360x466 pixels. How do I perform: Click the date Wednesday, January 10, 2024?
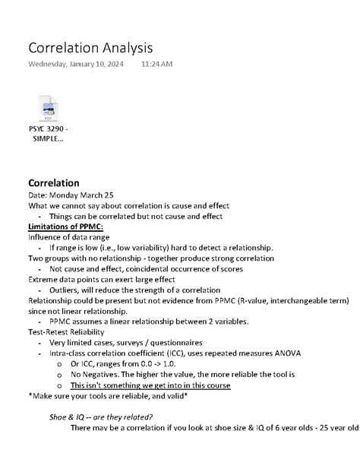75,64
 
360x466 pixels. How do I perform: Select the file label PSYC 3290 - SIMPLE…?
48,135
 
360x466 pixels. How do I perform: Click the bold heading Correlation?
53,182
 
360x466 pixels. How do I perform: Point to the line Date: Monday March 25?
71,195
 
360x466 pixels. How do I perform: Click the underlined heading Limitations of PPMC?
65,227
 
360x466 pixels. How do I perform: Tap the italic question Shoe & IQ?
100,417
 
